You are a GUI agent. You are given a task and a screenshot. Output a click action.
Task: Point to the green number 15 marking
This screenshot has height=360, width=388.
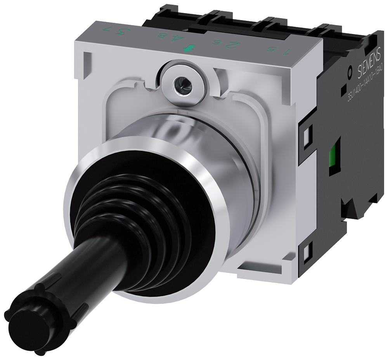pyautogui.click(x=272, y=50)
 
